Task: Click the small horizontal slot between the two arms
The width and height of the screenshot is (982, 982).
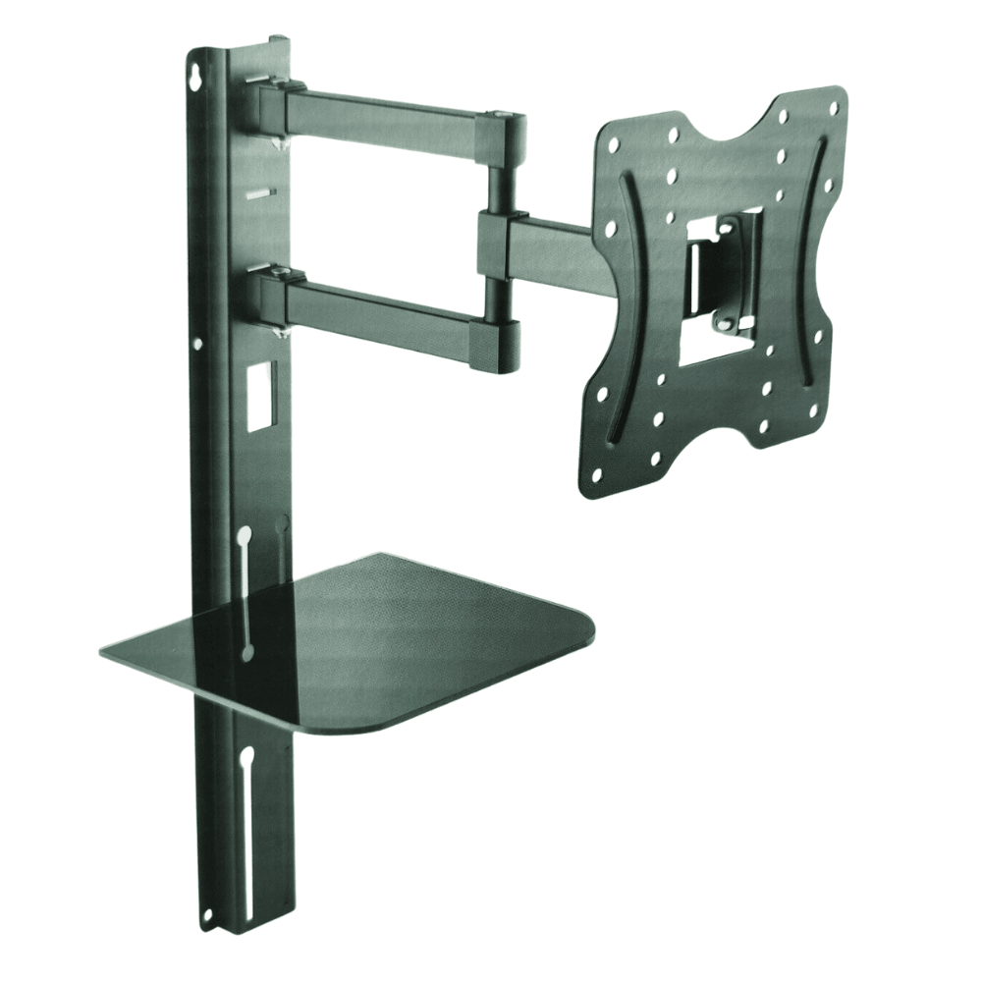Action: (x=257, y=193)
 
